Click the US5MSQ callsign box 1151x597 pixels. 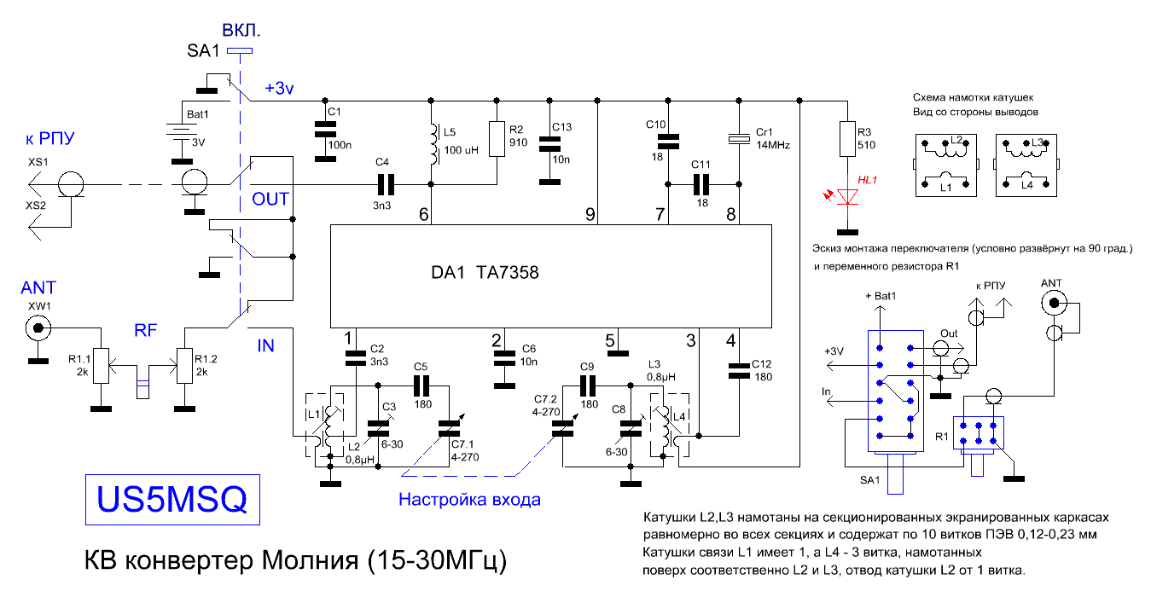pyautogui.click(x=172, y=500)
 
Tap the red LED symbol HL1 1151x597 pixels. pyautogui.click(x=847, y=196)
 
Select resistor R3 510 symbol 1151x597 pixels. pyautogui.click(x=847, y=139)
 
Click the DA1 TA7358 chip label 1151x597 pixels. pyautogui.click(x=485, y=272)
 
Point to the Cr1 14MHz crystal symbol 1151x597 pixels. pyautogui.click(x=739, y=139)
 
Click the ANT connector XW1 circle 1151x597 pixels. pyautogui.click(x=38, y=327)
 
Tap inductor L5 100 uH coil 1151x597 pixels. pyautogui.click(x=434, y=144)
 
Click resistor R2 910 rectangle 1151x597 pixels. pyautogui.click(x=497, y=139)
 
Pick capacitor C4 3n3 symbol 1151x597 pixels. pyautogui.click(x=386, y=184)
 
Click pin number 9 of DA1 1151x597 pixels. pyautogui.click(x=590, y=214)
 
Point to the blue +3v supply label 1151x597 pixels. pyautogui.click(x=279, y=89)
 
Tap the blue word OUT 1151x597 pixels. pyautogui.click(x=270, y=199)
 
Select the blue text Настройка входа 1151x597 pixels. pyautogui.click(x=469, y=500)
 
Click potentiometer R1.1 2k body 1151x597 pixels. pyautogui.click(x=102, y=366)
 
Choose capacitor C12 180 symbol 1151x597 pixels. pyautogui.click(x=739, y=371)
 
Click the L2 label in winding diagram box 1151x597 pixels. pyautogui.click(x=956, y=140)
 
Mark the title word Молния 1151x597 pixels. pyautogui.click(x=310, y=560)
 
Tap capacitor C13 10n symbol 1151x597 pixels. pyautogui.click(x=549, y=144)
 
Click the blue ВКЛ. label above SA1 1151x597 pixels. pyautogui.click(x=241, y=31)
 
